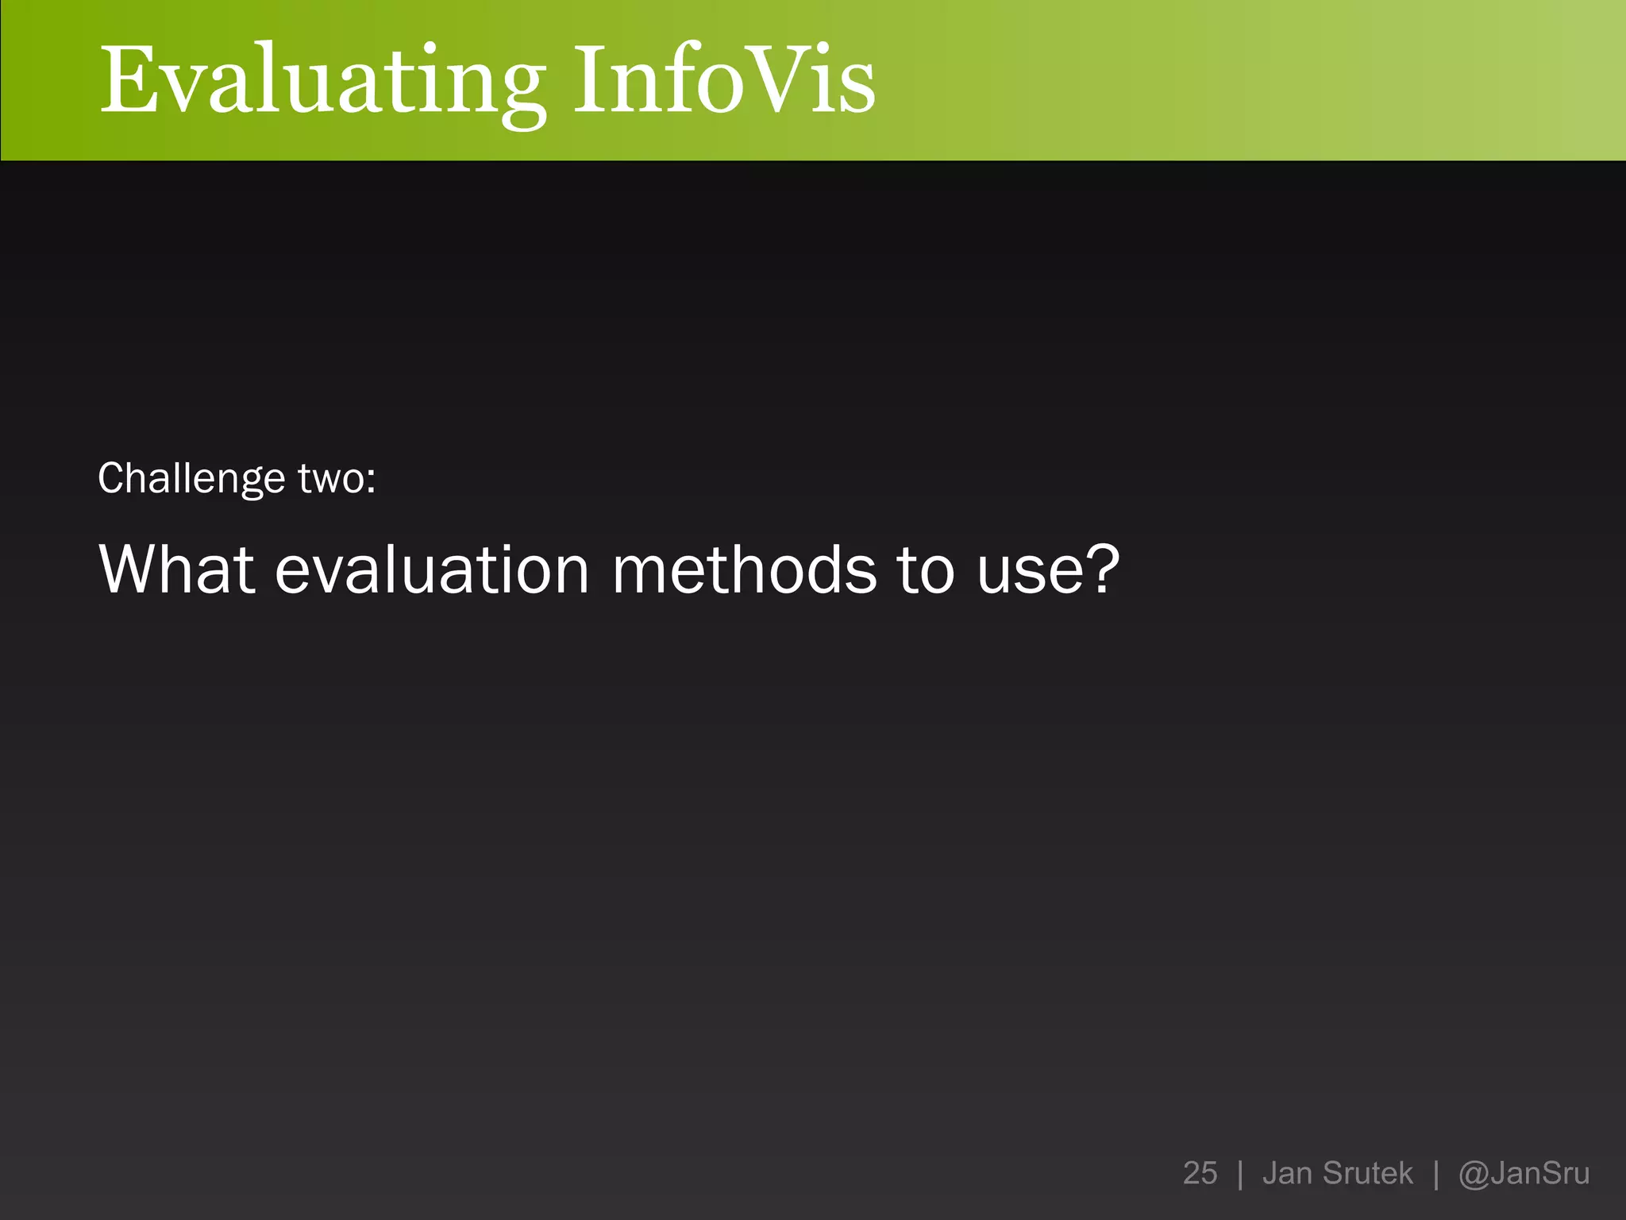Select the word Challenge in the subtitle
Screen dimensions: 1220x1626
[x=191, y=479]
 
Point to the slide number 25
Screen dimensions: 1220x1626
[x=1200, y=1173]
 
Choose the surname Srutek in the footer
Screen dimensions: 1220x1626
[x=1368, y=1173]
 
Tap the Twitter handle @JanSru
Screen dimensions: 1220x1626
[x=1524, y=1173]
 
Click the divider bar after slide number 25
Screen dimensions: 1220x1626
[x=1240, y=1174]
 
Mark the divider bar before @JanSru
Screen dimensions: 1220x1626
[x=1436, y=1174]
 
